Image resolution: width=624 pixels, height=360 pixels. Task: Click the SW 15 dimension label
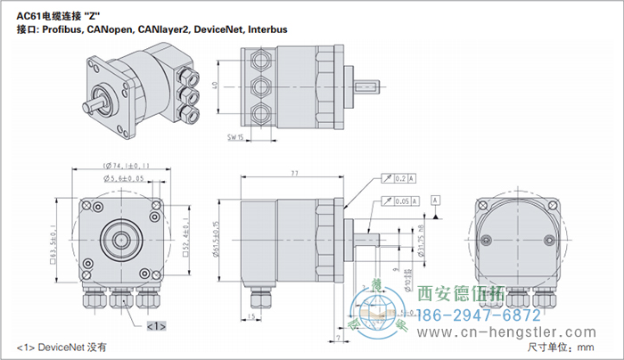tap(236, 138)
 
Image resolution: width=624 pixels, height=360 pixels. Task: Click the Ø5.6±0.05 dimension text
tap(124, 178)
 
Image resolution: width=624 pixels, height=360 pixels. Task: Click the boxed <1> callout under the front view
tap(156, 325)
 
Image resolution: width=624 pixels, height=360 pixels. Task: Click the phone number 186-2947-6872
tap(465, 316)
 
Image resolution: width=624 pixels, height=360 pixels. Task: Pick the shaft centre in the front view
tap(119, 239)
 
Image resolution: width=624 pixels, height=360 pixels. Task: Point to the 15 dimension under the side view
tap(253, 317)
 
